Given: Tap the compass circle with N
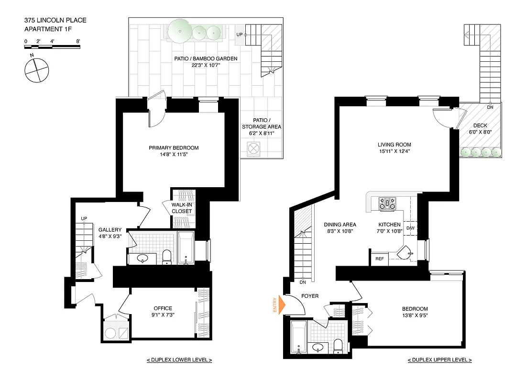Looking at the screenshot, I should coord(36,70).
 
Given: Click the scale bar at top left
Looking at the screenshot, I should coord(53,46).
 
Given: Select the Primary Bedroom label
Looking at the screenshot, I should coord(173,148).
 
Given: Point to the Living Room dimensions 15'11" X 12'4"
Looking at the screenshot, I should coord(394,152).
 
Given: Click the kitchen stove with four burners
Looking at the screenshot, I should coord(387,204).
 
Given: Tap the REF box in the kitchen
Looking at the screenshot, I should coord(380,259).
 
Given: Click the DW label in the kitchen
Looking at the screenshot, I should coord(410,228).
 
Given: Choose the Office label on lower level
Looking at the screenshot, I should coord(163,308).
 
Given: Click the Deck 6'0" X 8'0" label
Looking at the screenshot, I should coord(480,129).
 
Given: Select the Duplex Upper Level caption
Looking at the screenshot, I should coord(439,360).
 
